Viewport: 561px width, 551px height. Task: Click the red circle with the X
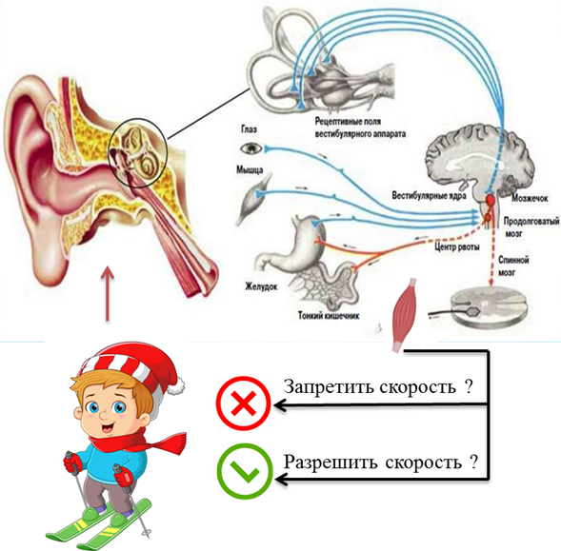[x=244, y=403]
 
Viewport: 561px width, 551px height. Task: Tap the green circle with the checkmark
[x=245, y=471]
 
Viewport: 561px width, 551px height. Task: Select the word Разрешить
[x=331, y=462]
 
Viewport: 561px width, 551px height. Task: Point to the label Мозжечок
[x=530, y=198]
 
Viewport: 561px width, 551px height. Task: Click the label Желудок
[x=261, y=286]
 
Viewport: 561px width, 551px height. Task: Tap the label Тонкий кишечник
[x=329, y=315]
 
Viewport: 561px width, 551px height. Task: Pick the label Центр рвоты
[x=457, y=246]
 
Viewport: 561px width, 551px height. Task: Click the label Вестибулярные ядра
[x=429, y=196]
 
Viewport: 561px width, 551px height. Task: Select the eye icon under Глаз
[x=251, y=148]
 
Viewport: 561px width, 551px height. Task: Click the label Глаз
[x=249, y=128]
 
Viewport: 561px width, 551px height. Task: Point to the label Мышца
[x=250, y=169]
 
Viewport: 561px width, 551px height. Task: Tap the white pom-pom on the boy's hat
[x=176, y=386]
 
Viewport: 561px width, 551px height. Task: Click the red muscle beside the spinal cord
[x=405, y=315]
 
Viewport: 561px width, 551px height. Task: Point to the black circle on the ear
[x=138, y=151]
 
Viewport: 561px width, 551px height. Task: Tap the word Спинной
[x=513, y=260]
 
